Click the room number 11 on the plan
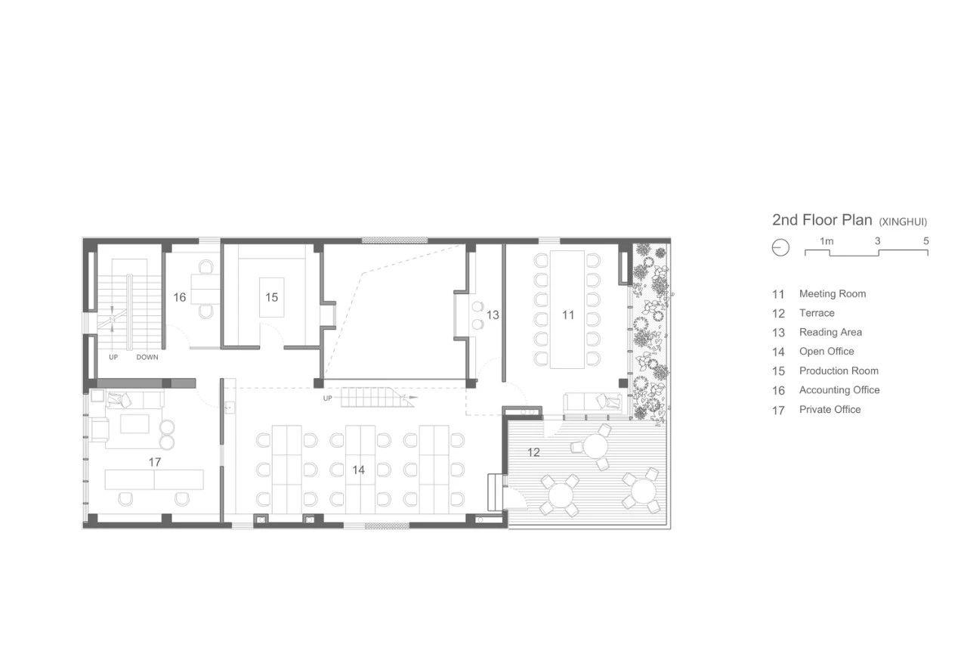pos(568,315)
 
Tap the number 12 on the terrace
pos(533,452)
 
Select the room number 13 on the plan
pos(493,315)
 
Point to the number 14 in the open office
pos(358,470)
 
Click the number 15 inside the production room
pos(271,297)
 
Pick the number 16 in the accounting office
pos(180,297)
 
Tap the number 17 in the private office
pos(155,462)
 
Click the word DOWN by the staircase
pos(147,357)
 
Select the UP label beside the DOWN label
pos(113,357)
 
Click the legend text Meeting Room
pos(833,294)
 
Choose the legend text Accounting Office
pos(839,390)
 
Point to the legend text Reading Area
pos(830,332)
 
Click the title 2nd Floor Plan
pos(822,220)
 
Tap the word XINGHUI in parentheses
pos(903,222)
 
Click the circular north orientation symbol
pos(780,247)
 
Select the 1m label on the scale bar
pos(826,241)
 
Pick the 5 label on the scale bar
pos(925,240)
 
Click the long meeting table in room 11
pos(567,309)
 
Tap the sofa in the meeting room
pos(593,403)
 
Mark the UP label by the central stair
pos(328,398)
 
